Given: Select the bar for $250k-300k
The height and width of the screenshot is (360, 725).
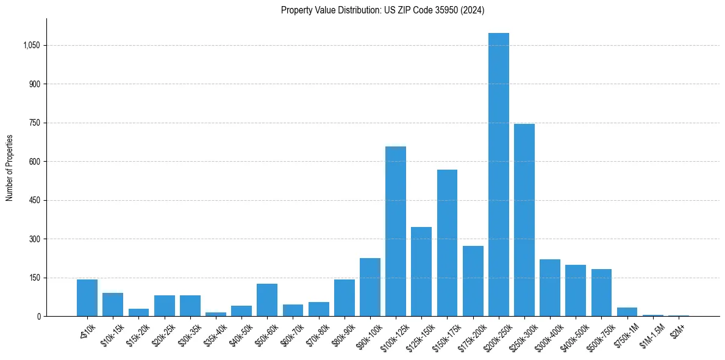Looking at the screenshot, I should tap(524, 220).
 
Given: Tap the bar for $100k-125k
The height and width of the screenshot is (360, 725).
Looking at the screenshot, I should tap(395, 231).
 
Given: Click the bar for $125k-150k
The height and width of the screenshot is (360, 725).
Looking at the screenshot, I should tap(421, 272).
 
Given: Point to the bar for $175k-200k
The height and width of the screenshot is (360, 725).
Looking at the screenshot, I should tap(473, 281).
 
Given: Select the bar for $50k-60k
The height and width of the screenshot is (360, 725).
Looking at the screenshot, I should tap(267, 300).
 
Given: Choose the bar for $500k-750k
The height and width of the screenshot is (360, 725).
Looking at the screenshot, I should tap(601, 292).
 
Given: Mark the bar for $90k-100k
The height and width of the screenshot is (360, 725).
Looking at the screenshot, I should tap(370, 287).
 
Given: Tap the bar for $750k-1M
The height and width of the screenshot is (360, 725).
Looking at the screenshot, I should tap(627, 312).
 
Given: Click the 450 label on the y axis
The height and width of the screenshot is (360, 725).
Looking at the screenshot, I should tap(34, 200).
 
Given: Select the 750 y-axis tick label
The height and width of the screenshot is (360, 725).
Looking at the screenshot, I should tap(34, 123).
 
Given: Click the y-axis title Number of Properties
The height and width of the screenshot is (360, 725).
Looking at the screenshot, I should tap(10, 167).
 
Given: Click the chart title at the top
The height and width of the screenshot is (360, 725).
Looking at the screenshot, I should tap(382, 10).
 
